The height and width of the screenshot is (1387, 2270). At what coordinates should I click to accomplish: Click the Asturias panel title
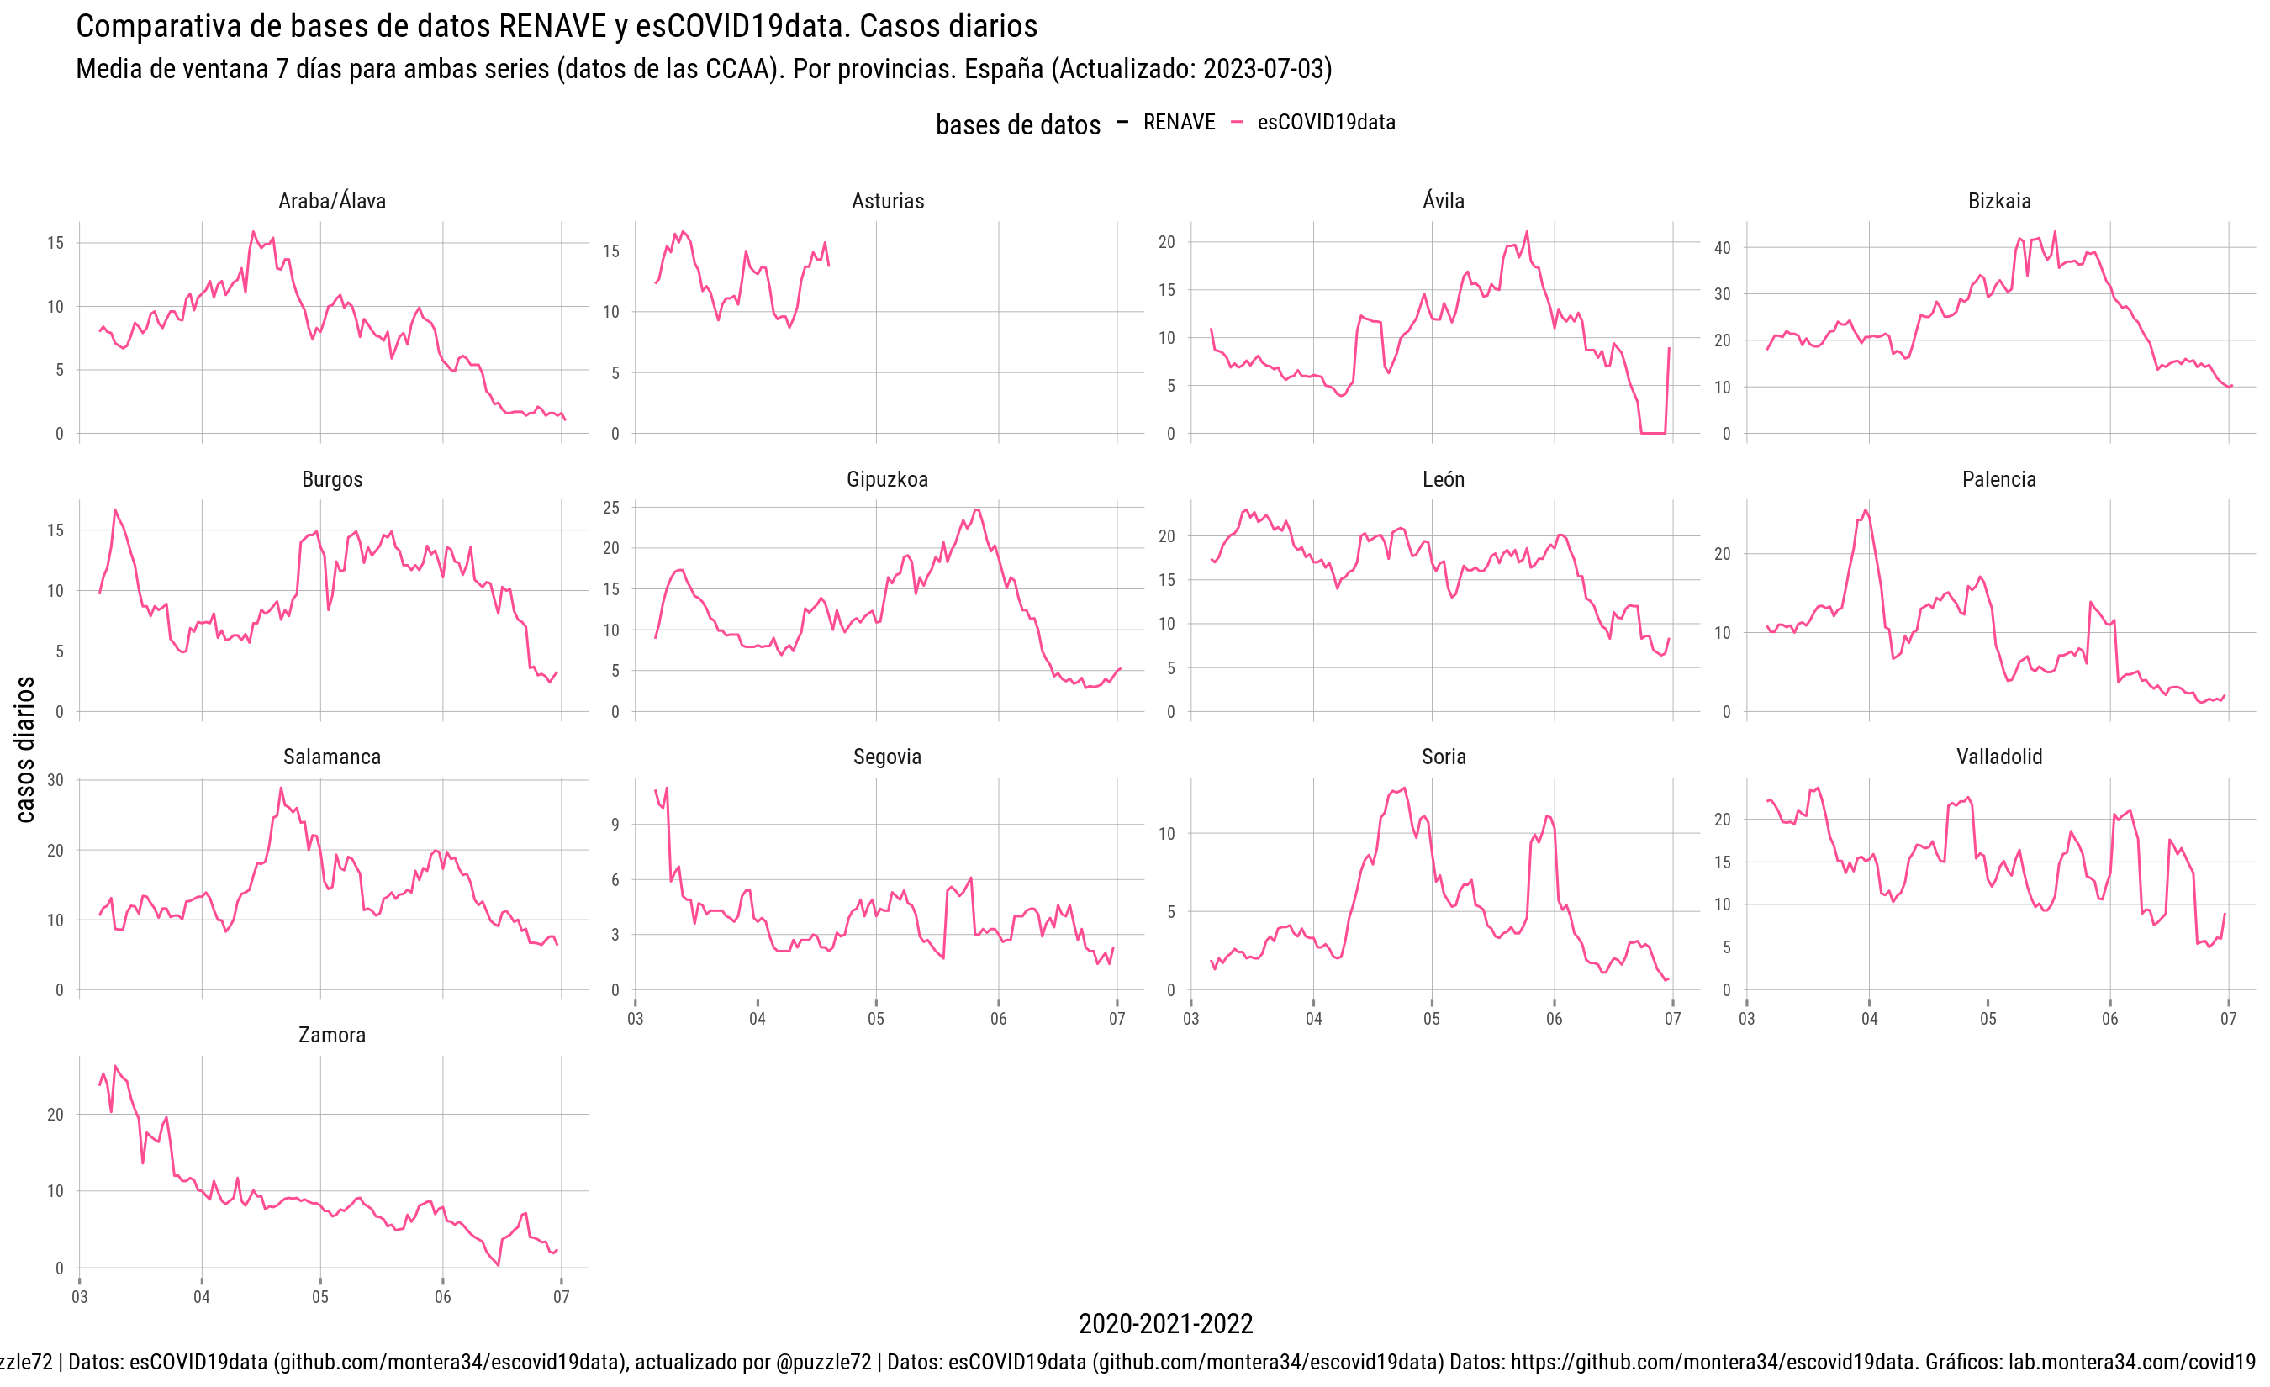click(x=887, y=201)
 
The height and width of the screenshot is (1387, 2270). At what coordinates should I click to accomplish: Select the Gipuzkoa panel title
click(x=887, y=479)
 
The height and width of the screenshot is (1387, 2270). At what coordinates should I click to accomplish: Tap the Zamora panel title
click(x=331, y=1034)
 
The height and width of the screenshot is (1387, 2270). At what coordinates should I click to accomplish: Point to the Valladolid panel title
click(x=1999, y=757)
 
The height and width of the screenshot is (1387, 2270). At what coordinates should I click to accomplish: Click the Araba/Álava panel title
click(x=331, y=201)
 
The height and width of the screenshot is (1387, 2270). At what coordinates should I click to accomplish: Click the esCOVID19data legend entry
click(x=1325, y=123)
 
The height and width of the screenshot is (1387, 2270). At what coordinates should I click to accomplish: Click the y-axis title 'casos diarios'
click(x=25, y=749)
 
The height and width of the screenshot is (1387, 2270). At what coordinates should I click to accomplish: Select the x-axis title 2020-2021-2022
click(x=1165, y=1323)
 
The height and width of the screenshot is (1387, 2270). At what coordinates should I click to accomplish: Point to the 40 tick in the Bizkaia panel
click(x=1722, y=248)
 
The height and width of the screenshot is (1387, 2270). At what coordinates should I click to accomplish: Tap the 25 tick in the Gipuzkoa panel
click(x=611, y=508)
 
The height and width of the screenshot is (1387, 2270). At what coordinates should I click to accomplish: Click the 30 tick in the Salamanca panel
click(x=55, y=780)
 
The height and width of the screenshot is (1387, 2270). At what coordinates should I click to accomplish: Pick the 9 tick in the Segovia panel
click(x=615, y=825)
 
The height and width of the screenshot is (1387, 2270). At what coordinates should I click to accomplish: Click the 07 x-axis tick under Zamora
click(x=561, y=1297)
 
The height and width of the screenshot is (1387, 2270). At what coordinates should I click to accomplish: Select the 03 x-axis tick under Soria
click(x=1191, y=1019)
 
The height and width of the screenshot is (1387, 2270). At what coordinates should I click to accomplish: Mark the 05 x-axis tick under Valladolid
click(x=1988, y=1019)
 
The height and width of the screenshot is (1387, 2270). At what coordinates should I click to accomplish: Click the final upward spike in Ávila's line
click(x=1668, y=349)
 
